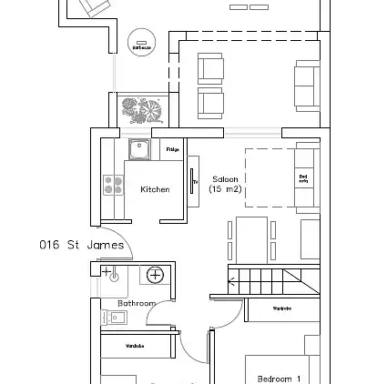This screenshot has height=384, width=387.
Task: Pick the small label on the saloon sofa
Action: click(304, 182)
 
